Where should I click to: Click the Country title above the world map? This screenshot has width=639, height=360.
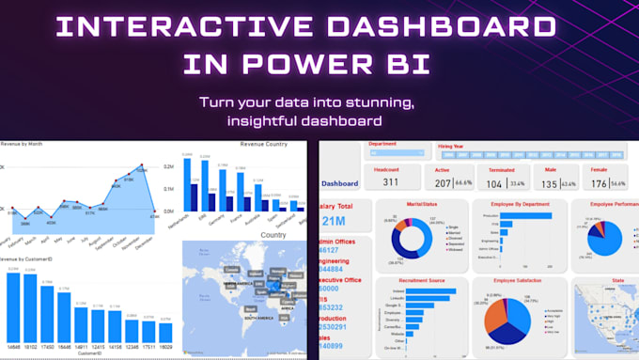[x=274, y=235]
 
